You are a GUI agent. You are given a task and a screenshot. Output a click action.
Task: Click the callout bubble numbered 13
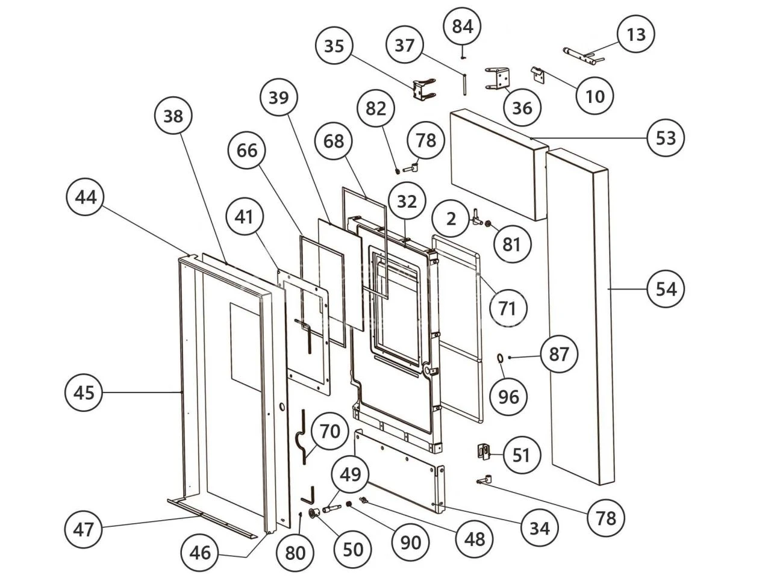[636, 34]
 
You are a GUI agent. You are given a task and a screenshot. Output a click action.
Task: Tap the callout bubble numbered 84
[463, 26]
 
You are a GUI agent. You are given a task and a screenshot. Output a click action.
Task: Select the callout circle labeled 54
[666, 289]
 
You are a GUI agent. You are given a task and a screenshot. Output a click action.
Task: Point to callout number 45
[84, 393]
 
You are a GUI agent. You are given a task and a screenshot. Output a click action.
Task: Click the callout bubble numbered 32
[407, 202]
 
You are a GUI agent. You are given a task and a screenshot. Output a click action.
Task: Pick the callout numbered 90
[411, 541]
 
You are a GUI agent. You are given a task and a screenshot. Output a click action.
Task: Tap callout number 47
[84, 529]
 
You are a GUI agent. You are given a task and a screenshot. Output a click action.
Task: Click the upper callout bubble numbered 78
[426, 140]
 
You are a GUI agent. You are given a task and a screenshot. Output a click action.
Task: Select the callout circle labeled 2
[452, 218]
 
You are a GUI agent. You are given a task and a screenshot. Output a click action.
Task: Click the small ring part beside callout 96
[500, 359]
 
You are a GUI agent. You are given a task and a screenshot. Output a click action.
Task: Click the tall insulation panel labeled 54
[581, 313]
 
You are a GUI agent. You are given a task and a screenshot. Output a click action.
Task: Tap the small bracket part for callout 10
[538, 75]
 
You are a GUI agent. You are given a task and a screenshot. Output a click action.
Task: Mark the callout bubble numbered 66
[247, 151]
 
